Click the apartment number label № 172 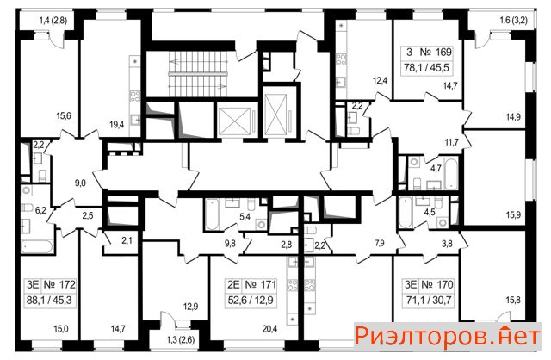pyautogui.click(x=59, y=284)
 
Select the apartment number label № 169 pyautogui.click(x=436, y=53)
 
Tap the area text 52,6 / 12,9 pyautogui.click(x=251, y=301)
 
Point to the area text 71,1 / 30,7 pyautogui.click(x=428, y=301)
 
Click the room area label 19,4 pyautogui.click(x=117, y=124)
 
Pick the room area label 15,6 pyautogui.click(x=64, y=115)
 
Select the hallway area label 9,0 pyautogui.click(x=80, y=183)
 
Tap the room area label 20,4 pyautogui.click(x=269, y=329)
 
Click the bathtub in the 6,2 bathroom pyautogui.click(x=37, y=246)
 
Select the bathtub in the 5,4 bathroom pyautogui.click(x=212, y=214)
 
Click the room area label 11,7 pyautogui.click(x=451, y=142)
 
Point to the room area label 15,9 pyautogui.click(x=513, y=214)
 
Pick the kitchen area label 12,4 pyautogui.click(x=380, y=80)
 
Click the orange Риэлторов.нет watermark pyautogui.click(x=448, y=337)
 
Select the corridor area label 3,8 pyautogui.click(x=447, y=243)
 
